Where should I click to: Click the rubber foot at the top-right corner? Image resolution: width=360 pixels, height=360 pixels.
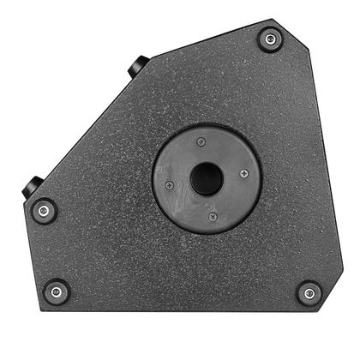click(270, 39)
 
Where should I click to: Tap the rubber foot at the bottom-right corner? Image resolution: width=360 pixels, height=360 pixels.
click(309, 293)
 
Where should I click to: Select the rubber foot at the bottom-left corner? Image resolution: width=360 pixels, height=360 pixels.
click(57, 291)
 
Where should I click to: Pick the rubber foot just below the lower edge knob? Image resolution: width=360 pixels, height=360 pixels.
click(43, 210)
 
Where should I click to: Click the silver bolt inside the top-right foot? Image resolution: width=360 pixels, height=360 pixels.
click(270, 39)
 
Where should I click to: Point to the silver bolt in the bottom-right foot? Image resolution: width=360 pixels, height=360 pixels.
click(309, 293)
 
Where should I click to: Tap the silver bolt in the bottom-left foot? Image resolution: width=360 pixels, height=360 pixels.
click(57, 291)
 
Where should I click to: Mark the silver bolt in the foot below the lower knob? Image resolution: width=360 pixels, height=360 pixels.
click(43, 210)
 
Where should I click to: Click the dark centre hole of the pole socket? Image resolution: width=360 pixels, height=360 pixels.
click(207, 179)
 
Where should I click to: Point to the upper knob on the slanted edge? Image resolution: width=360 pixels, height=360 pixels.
click(138, 66)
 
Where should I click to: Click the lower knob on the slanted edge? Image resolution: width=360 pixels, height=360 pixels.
click(34, 183)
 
